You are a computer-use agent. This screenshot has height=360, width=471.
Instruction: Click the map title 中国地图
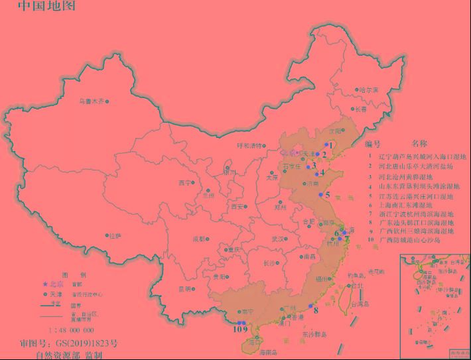46,7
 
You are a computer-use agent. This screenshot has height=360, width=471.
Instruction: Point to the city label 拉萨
115,235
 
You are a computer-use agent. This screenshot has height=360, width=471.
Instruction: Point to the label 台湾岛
359,305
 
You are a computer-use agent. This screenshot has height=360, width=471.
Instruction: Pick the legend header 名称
420,143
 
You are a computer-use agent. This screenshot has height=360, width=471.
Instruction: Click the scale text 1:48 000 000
71,330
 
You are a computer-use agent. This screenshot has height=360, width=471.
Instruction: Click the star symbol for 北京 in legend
45,284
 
